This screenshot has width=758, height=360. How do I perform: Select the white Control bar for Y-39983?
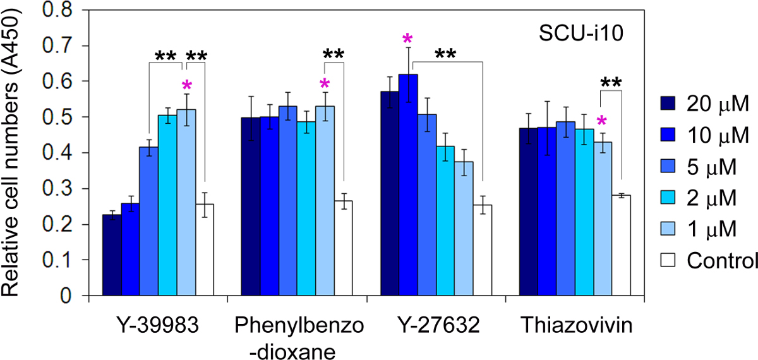(205, 249)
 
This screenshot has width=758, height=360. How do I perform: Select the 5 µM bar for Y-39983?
(149, 221)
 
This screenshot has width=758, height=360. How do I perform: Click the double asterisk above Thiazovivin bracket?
(611, 83)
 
